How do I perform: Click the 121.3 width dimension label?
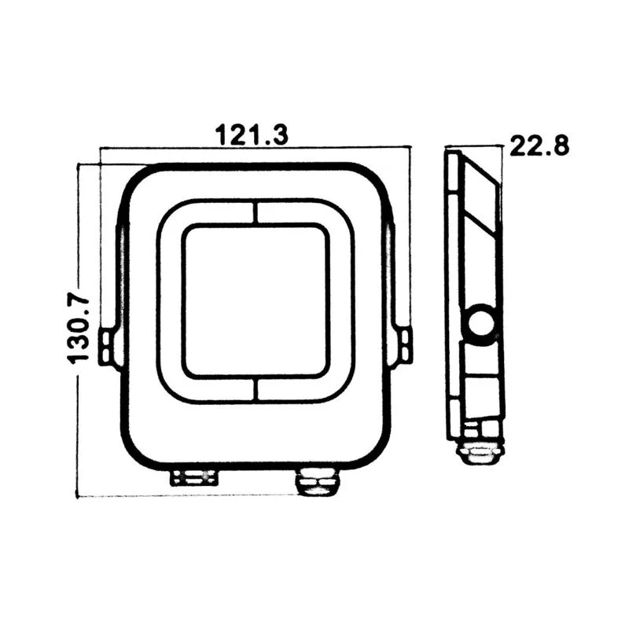[252, 134]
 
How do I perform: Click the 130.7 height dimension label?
[79, 330]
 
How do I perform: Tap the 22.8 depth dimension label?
[539, 145]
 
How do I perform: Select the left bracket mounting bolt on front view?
[106, 347]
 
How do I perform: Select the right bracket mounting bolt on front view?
[405, 347]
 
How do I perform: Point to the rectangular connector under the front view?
[194, 477]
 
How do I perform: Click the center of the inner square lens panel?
[256, 300]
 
